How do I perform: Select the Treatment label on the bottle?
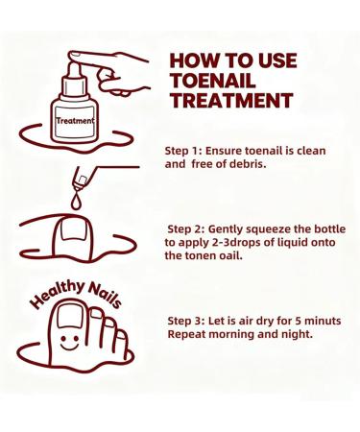[x=74, y=122]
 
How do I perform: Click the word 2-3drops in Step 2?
[x=234, y=243]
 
